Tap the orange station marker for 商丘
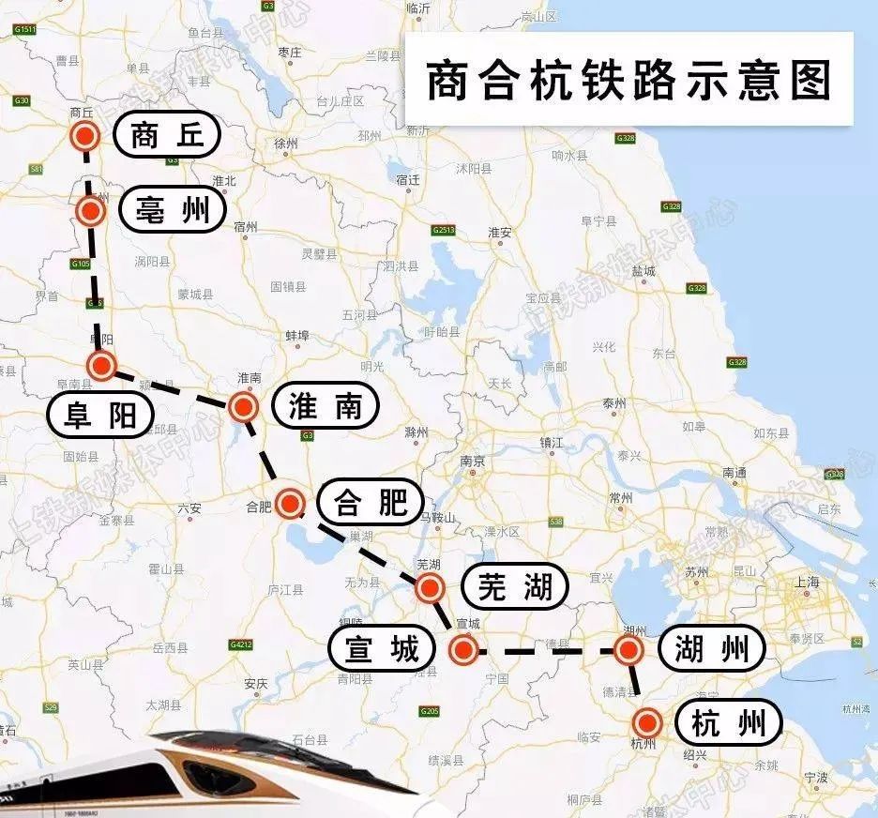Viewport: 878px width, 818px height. click(x=85, y=136)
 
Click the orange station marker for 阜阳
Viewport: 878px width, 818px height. click(x=100, y=365)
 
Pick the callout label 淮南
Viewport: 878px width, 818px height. click(x=325, y=405)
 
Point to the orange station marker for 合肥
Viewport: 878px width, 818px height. click(x=291, y=503)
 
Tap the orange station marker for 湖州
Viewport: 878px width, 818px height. click(x=628, y=650)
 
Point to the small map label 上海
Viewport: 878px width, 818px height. click(x=806, y=582)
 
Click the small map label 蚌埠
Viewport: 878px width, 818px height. click(x=296, y=336)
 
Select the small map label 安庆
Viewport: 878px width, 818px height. click(x=255, y=682)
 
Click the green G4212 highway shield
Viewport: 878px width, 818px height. click(x=241, y=644)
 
